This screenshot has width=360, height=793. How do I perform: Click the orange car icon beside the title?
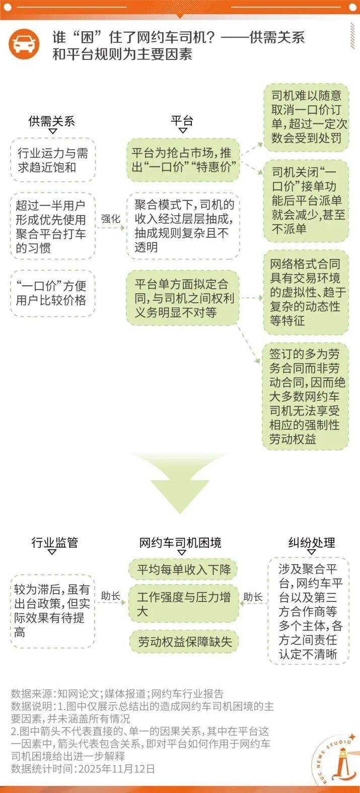coord(24,44)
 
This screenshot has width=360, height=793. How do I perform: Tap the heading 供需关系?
coord(52,121)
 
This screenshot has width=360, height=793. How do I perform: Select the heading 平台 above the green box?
coord(182,121)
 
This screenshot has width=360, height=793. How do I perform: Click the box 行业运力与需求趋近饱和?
coord(53,160)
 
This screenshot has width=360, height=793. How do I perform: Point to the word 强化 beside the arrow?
coord(111,219)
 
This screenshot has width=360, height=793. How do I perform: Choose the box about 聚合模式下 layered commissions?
coord(183,226)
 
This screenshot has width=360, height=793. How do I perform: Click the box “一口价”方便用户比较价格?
coord(53,293)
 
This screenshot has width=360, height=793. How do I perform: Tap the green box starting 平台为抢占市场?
coord(183,160)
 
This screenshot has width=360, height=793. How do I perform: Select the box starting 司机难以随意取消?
coord(306,117)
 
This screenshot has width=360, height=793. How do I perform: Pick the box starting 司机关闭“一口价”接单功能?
coord(306,201)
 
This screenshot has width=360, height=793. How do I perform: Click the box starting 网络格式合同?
coord(306,292)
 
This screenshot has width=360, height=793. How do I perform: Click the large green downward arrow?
coord(180,484)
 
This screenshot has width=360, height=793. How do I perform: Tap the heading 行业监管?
coord(54,542)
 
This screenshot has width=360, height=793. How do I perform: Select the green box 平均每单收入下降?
coord(183,570)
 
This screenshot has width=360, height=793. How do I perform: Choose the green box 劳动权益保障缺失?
coord(184,641)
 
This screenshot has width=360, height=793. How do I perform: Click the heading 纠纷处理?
coord(312,542)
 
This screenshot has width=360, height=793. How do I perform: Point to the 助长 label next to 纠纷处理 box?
coord(253,597)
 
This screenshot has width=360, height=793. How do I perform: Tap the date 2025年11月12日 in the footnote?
coord(116,769)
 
